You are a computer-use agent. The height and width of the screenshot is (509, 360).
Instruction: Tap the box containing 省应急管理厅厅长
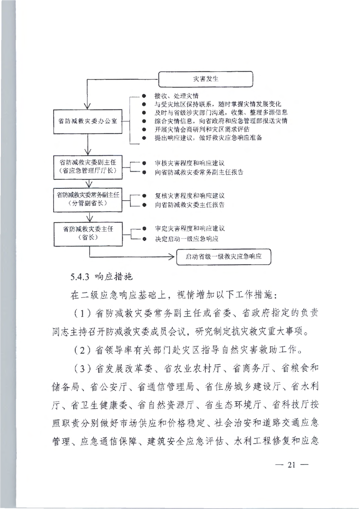(86, 166)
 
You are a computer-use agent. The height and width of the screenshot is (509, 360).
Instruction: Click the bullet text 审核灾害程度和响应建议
(189, 163)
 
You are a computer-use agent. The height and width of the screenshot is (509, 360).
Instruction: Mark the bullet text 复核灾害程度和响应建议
(189, 196)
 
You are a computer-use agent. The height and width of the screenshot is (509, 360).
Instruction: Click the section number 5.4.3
(80, 276)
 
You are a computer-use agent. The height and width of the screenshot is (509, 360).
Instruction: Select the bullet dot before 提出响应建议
(143, 137)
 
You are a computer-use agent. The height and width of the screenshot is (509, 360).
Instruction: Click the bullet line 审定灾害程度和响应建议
(189, 229)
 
